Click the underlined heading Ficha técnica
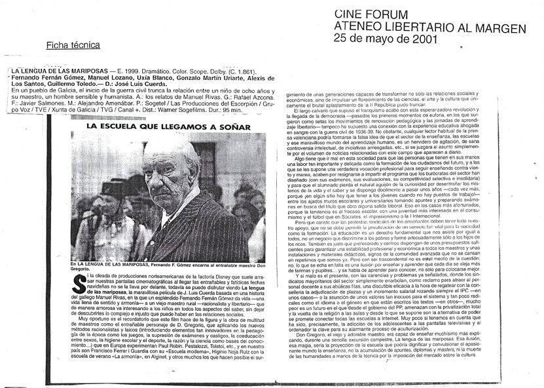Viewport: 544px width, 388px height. [x=73, y=45]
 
